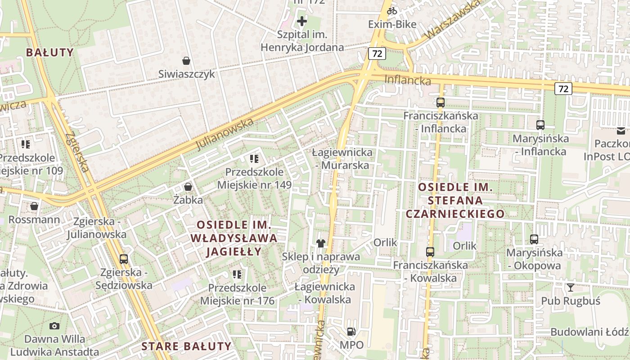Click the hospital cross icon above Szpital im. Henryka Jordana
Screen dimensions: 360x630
pos(301,21)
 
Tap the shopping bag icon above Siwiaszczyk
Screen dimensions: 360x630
pos(186,61)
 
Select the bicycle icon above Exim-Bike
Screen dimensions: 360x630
pos(392,11)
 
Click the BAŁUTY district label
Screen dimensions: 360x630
pos(49,53)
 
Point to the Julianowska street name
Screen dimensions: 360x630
pos(225,134)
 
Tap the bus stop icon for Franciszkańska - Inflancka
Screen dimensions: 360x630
pos(440,103)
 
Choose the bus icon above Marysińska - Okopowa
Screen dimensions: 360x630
pos(534,239)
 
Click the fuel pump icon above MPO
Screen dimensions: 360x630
pos(351,332)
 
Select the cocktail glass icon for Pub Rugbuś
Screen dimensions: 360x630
pos(570,288)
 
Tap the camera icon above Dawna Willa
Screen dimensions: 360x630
pos(54,326)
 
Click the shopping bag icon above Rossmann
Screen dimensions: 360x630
pos(34,207)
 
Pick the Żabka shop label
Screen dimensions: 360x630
pos(188,200)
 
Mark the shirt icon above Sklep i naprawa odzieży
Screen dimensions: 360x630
pos(320,244)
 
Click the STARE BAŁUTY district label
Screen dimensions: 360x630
pos(186,346)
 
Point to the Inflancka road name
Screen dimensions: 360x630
pos(407,81)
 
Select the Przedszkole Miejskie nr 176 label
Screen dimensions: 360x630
pos(237,294)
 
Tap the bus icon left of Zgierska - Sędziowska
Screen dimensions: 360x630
pos(124,259)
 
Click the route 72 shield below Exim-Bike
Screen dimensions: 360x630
pos(377,54)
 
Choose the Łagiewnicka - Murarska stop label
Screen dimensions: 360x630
pos(342,159)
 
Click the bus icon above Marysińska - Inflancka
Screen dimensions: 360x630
pos(540,125)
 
